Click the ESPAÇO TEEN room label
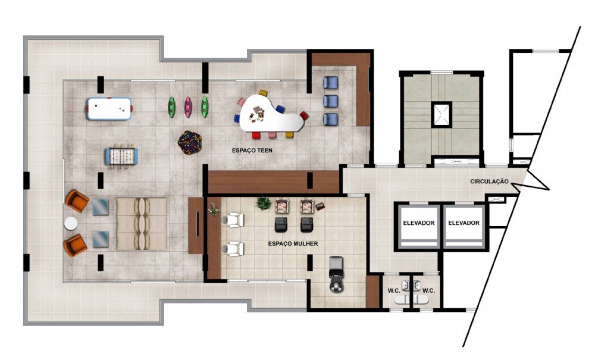(x=252, y=150)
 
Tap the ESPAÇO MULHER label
(x=293, y=243)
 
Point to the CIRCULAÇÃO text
(x=489, y=181)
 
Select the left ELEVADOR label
(x=418, y=223)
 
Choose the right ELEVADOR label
(x=464, y=223)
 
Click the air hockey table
(x=109, y=109)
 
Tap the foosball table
(x=121, y=156)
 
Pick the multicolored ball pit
(x=189, y=142)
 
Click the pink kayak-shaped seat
(x=187, y=107)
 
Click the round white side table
(x=71, y=223)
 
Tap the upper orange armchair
(x=76, y=201)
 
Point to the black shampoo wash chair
(x=336, y=274)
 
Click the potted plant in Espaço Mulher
(x=264, y=204)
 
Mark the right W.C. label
(x=428, y=291)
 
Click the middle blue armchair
(x=330, y=101)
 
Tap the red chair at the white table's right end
(x=304, y=115)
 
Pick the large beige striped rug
(x=142, y=224)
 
